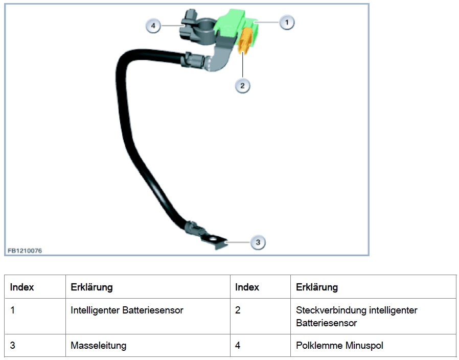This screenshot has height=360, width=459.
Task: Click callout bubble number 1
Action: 287,22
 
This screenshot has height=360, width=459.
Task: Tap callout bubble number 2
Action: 242,85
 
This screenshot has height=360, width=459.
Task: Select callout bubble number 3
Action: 258,242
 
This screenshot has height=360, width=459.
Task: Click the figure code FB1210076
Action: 25,251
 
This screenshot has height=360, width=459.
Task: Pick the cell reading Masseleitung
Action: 98,346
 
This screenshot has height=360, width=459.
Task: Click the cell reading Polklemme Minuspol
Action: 339,346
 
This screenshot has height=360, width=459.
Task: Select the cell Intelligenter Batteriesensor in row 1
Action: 127,310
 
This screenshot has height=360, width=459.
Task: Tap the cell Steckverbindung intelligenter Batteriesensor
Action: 356,317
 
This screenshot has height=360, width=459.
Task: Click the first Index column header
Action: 22,287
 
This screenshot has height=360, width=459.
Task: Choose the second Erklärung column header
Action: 316,287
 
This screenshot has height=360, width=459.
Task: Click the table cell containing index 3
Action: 13,346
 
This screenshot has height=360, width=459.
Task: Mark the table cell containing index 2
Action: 238,310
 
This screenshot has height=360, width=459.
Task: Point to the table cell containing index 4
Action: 238,346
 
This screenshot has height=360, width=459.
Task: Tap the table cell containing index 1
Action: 13,310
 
